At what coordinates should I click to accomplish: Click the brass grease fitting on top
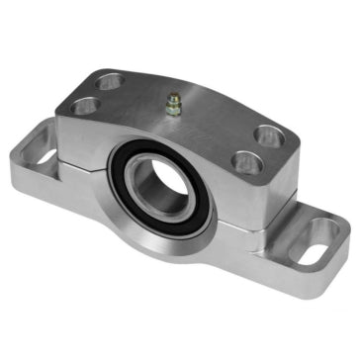pyautogui.click(x=174, y=104)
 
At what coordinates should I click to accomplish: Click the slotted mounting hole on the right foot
pyautogui.click(x=322, y=237)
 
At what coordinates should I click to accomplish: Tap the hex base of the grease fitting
pyautogui.click(x=174, y=110)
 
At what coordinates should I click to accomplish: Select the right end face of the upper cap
pyautogui.click(x=278, y=183)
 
